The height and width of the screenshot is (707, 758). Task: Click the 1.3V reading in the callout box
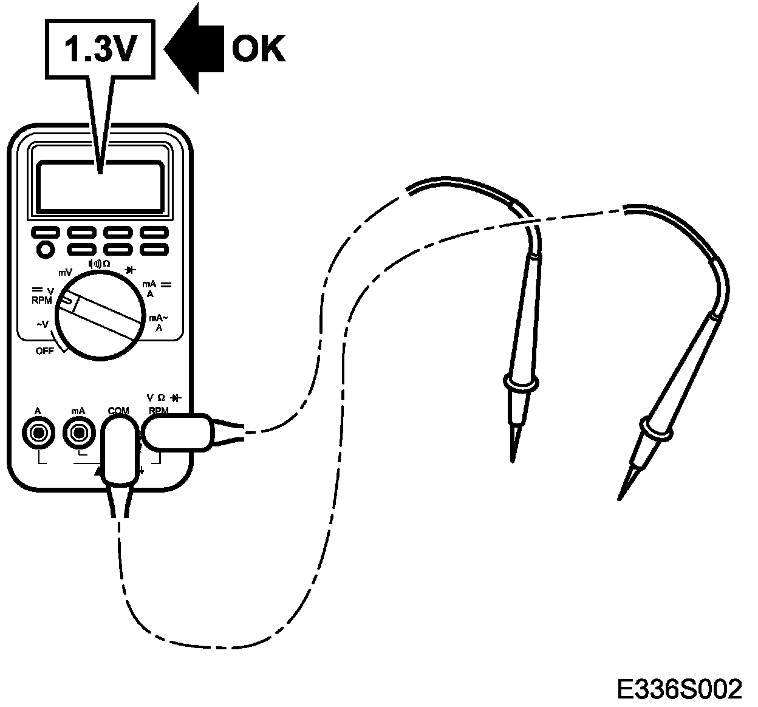[98, 50]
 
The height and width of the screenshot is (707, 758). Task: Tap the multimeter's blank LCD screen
[100, 186]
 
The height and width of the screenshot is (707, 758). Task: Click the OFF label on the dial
[44, 351]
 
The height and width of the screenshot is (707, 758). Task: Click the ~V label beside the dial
[42, 325]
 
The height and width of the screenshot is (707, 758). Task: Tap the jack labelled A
[39, 432]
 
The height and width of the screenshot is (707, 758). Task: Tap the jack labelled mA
[78, 432]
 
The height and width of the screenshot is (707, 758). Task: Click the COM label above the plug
[118, 411]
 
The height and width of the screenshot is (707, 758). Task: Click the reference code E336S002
[679, 689]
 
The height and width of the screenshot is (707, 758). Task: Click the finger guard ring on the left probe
[521, 383]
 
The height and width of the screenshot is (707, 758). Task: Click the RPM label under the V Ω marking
[159, 411]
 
